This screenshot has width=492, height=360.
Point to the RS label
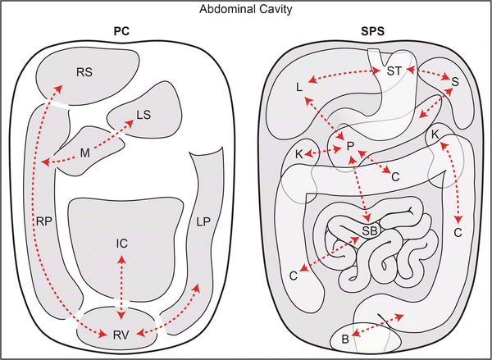click(x=84, y=71)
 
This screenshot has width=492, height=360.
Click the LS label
click(x=143, y=115)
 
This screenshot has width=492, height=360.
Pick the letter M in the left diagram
click(x=84, y=153)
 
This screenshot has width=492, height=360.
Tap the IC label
click(x=121, y=244)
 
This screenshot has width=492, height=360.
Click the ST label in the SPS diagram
click(x=394, y=72)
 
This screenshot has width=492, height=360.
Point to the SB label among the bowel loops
click(x=370, y=232)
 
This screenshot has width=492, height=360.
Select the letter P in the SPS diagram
click(x=350, y=146)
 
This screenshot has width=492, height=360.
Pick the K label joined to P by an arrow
click(x=299, y=153)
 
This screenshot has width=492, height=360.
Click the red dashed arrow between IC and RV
click(x=121, y=288)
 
